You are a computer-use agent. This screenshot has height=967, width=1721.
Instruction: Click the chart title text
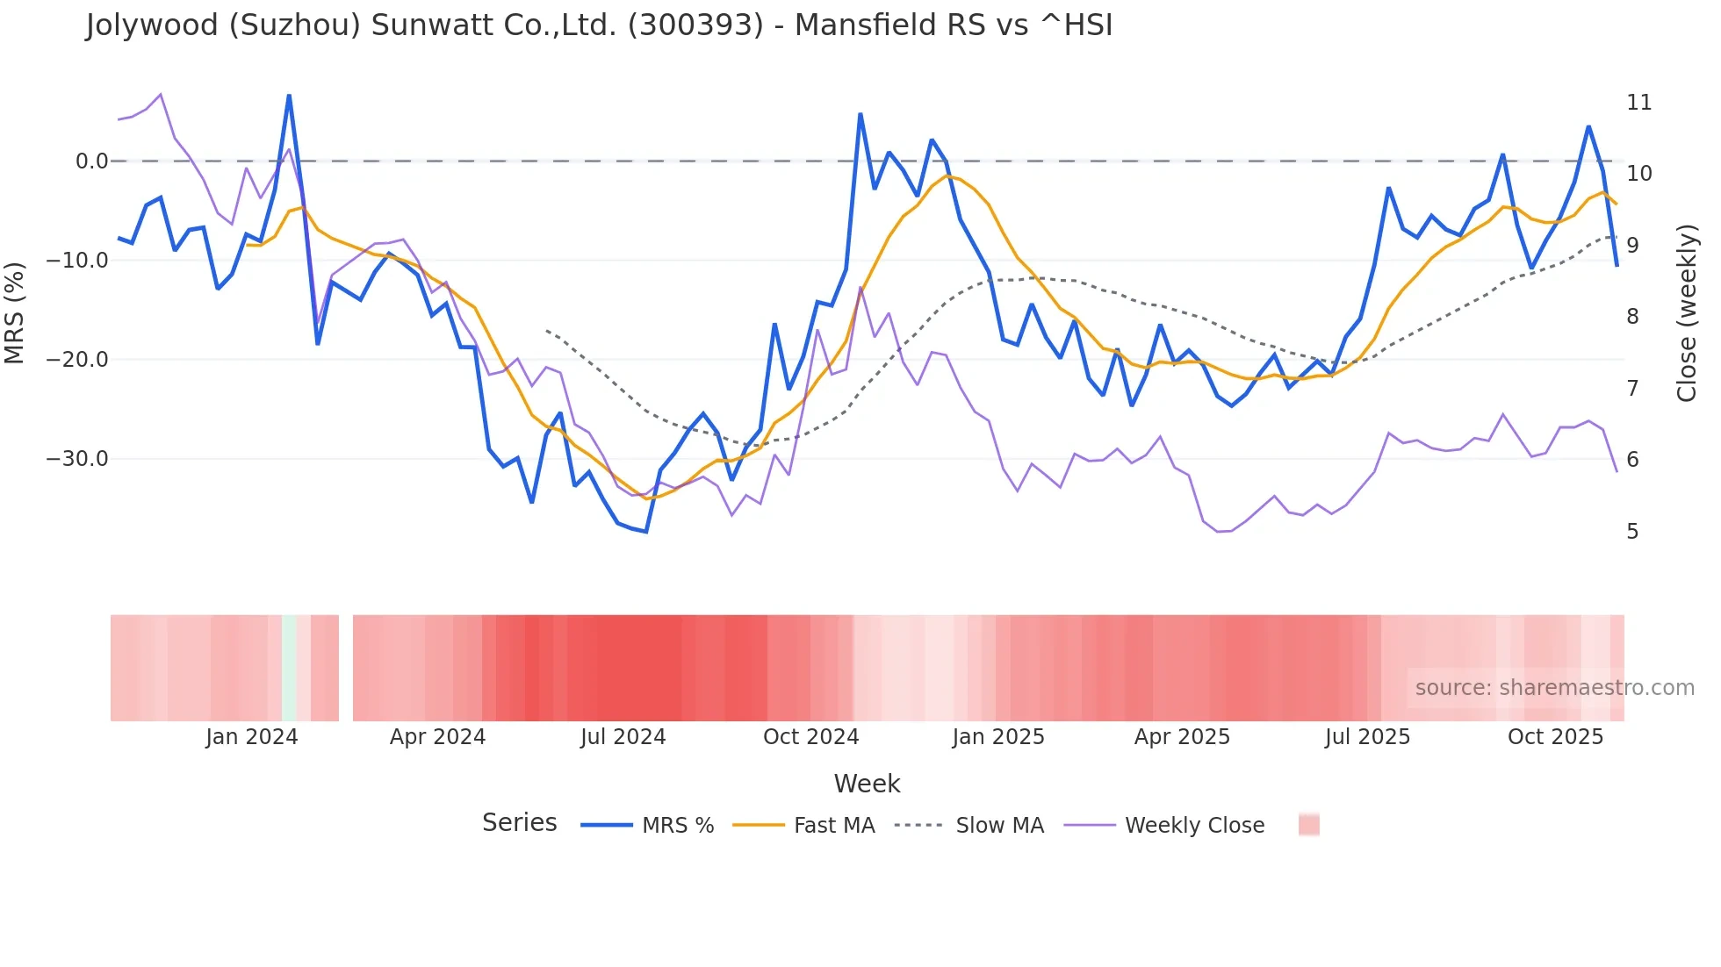pyautogui.click(x=599, y=25)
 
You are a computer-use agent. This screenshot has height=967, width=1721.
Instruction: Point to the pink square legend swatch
pyautogui.click(x=1308, y=825)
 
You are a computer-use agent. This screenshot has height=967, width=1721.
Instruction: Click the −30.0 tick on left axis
pyautogui.click(x=77, y=459)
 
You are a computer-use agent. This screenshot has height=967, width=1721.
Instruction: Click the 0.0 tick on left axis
pyautogui.click(x=91, y=161)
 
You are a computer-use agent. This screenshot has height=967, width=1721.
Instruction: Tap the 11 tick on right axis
pyautogui.click(x=1638, y=103)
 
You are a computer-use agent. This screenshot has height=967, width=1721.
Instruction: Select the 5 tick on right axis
pyautogui.click(x=1632, y=532)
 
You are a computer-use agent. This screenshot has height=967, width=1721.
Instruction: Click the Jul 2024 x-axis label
pyautogui.click(x=623, y=737)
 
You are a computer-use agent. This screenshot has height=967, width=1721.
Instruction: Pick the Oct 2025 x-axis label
pyautogui.click(x=1555, y=737)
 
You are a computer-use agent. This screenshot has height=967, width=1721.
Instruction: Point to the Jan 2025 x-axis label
pyautogui.click(x=998, y=737)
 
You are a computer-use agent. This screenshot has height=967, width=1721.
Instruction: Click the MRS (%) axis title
pyautogui.click(x=15, y=312)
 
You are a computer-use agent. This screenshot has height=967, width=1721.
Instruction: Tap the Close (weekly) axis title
pyautogui.click(x=1686, y=313)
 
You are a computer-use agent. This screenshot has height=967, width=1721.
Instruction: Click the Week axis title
pyautogui.click(x=867, y=784)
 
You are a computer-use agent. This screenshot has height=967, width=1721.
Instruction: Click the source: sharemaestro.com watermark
pyautogui.click(x=1554, y=688)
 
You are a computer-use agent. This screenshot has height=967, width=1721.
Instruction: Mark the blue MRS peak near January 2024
pyautogui.click(x=289, y=96)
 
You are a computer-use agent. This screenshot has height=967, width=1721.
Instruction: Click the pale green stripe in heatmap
pyautogui.click(x=289, y=668)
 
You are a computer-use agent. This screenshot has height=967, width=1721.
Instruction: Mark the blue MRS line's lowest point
pyautogui.click(x=646, y=532)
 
